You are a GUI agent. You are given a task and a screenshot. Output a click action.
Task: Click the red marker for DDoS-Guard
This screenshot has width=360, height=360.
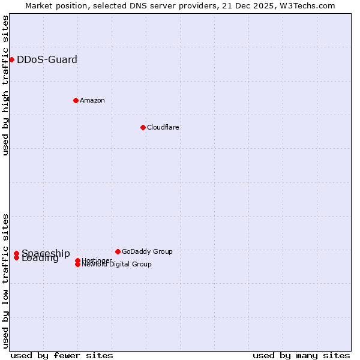coord(11,59)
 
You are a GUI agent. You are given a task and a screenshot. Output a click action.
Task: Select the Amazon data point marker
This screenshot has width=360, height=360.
coord(76,100)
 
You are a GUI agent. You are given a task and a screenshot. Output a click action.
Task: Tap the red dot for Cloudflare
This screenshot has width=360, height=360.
coord(143,127)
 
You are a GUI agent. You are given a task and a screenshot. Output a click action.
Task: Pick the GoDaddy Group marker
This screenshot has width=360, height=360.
coord(118,251)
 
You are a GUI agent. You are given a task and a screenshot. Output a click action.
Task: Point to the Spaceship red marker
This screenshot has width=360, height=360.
coord(16,253)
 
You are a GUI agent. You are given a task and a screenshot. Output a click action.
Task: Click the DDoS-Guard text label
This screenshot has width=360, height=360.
coord(47,59)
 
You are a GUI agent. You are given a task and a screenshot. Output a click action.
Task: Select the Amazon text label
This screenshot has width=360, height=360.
coord(92,100)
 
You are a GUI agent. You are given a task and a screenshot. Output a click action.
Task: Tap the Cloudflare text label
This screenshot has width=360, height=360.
coord(163,127)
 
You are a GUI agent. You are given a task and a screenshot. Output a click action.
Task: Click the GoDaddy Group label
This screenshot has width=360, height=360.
coord(146,251)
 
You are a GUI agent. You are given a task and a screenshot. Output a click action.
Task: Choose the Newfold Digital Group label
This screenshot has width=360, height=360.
coord(116,265)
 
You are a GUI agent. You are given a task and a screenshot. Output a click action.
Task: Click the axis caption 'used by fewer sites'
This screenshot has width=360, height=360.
coord(62,355)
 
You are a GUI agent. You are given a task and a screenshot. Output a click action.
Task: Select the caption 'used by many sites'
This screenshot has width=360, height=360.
coord(301,355)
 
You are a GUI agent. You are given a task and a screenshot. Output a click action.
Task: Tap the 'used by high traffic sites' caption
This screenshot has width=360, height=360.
coord(5,85)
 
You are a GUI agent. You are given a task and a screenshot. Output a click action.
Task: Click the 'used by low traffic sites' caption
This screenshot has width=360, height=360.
coord(5,281)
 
